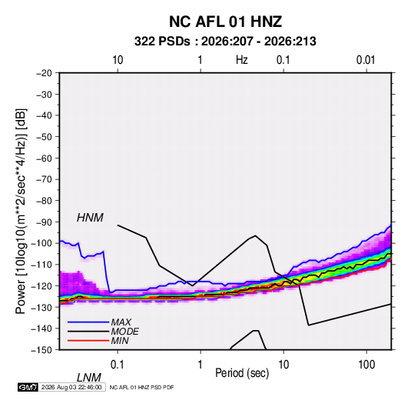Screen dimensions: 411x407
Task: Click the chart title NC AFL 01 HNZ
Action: [x=225, y=22]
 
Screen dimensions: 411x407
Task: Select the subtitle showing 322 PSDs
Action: [x=225, y=42]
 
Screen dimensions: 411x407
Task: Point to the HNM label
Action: [x=90, y=218]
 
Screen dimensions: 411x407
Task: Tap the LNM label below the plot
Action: [x=89, y=378]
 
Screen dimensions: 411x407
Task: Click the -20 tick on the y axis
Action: [x=44, y=73]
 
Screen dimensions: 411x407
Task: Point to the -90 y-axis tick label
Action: [x=44, y=222]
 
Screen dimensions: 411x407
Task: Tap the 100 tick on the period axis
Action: [x=366, y=365]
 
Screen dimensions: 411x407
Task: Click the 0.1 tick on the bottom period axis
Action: [x=118, y=365]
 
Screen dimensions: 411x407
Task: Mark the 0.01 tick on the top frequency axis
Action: [x=366, y=60]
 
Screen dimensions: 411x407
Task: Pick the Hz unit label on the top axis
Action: [x=242, y=60]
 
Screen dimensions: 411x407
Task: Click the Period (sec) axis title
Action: [x=242, y=373]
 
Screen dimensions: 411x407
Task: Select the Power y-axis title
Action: [x=21, y=212]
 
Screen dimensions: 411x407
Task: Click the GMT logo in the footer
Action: [x=28, y=387]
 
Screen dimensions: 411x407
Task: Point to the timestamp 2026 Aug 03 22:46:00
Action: [x=71, y=387]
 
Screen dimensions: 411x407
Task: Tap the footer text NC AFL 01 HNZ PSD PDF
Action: [x=141, y=387]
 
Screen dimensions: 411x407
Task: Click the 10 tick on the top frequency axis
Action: [x=118, y=60]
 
